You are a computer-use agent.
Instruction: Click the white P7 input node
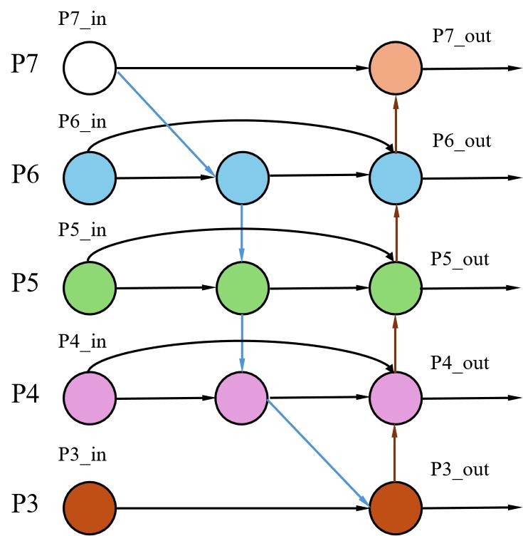click(90, 68)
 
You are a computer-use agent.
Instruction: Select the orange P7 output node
click(396, 68)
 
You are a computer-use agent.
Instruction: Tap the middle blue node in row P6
click(243, 178)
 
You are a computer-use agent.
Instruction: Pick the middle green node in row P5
click(243, 288)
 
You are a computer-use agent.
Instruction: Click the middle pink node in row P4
click(241, 398)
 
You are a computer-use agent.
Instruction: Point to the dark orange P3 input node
click(90, 508)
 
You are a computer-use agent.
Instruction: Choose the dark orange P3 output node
click(396, 508)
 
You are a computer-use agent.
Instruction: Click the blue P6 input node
click(90, 178)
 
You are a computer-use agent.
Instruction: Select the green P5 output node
click(396, 288)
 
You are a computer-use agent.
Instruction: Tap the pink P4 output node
click(396, 398)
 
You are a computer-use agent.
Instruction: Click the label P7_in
click(83, 19)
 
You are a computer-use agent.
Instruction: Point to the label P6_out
click(462, 140)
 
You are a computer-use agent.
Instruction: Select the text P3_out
click(460, 469)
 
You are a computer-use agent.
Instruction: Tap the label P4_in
click(83, 341)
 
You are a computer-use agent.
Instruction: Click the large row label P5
click(25, 282)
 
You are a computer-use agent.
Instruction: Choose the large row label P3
click(25, 503)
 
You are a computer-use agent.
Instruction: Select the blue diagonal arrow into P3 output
click(318, 453)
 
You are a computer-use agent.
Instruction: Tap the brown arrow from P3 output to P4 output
click(395, 453)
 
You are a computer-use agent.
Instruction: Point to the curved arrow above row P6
click(243, 120)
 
